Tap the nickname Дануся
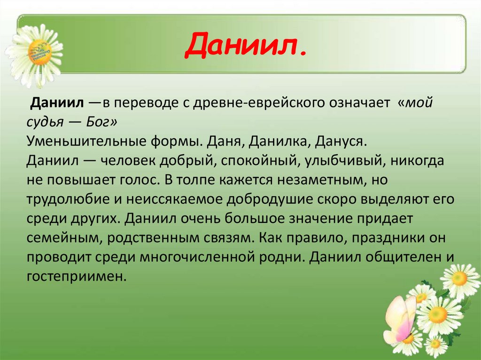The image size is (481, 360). click(332, 141)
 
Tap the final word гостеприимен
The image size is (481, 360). click(77, 276)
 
